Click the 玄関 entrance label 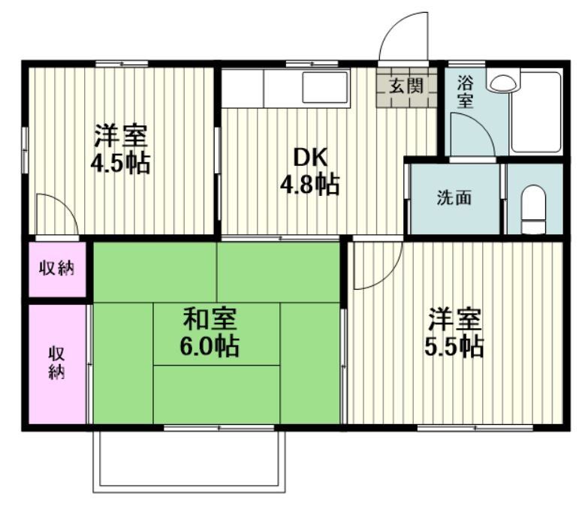406,85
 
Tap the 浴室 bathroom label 465,91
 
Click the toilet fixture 534,209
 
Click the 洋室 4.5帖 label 120,149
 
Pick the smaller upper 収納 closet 57,268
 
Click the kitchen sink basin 324,88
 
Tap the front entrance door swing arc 406,38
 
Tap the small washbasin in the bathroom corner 502,80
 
